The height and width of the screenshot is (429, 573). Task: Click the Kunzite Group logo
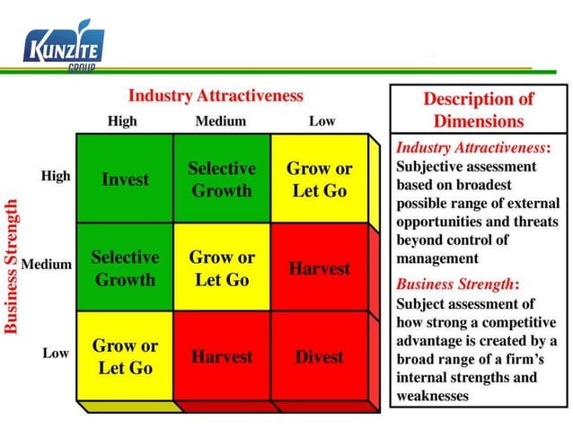pyautogui.click(x=64, y=46)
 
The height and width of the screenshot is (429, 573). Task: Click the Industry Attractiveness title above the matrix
pyautogui.click(x=216, y=95)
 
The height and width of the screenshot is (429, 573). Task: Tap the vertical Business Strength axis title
pyautogui.click(x=12, y=267)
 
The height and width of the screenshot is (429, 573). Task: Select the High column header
pyautogui.click(x=122, y=121)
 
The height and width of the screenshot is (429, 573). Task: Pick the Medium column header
pyautogui.click(x=220, y=121)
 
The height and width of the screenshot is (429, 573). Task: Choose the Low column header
pyautogui.click(x=322, y=121)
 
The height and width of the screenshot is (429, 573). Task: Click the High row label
pyautogui.click(x=56, y=176)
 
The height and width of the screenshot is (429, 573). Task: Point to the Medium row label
pyautogui.click(x=47, y=265)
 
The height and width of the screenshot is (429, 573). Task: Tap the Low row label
pyautogui.click(x=56, y=354)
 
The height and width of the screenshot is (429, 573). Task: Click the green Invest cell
pyautogui.click(x=126, y=179)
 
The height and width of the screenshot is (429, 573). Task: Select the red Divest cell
pyautogui.click(x=320, y=356)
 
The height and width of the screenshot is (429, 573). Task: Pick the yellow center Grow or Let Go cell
pyautogui.click(x=222, y=267)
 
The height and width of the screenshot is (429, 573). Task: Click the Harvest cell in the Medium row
pyautogui.click(x=320, y=268)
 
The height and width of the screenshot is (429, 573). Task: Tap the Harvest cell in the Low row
pyautogui.click(x=222, y=356)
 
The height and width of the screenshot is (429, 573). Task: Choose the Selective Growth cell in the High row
pyautogui.click(x=222, y=179)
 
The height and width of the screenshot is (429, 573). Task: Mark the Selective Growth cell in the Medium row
pyautogui.click(x=125, y=267)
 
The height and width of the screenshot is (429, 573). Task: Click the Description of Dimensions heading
pyautogui.click(x=478, y=109)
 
